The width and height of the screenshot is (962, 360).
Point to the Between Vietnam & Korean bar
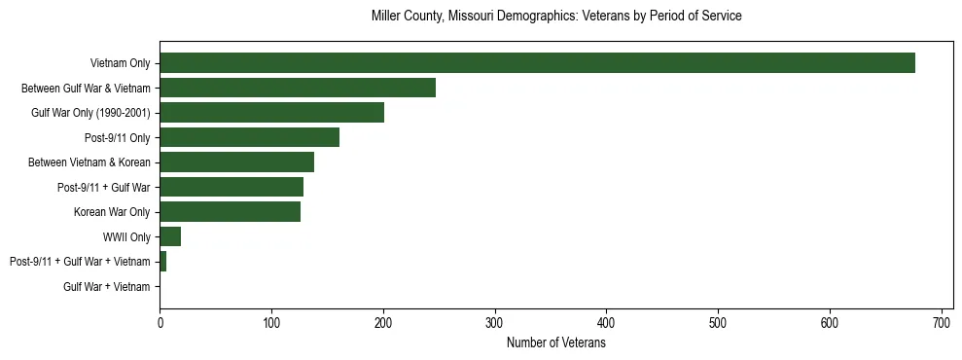pos(236,162)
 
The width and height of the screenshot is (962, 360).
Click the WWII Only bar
pos(170,236)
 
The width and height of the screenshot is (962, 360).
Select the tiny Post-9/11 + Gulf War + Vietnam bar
pos(163,261)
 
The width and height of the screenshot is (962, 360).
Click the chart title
pos(556,17)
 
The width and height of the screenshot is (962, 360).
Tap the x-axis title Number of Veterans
pos(556,343)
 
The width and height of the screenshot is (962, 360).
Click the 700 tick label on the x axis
pos(942,321)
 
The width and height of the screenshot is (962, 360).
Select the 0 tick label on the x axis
pos(160,321)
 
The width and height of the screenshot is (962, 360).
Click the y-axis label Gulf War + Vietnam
pos(107,286)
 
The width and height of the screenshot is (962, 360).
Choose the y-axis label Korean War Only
pos(112,211)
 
